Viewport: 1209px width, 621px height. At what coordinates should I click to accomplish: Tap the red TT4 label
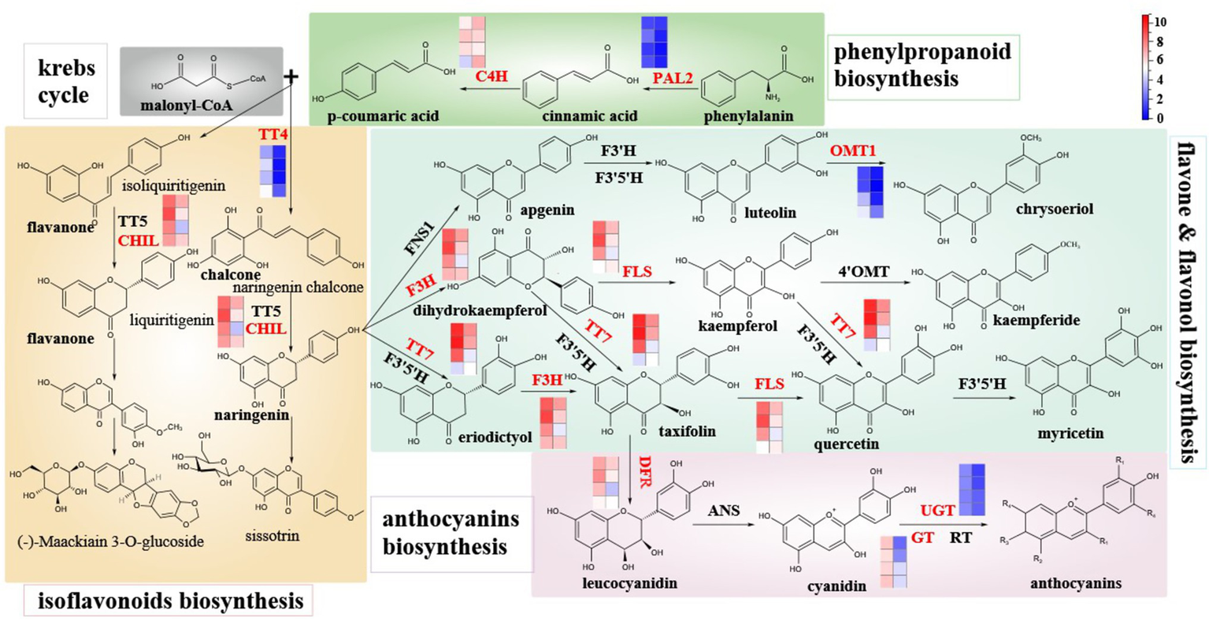click(x=273, y=135)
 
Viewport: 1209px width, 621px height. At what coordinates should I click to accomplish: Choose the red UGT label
click(x=937, y=511)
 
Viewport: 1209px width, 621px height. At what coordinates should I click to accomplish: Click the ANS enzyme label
click(x=723, y=511)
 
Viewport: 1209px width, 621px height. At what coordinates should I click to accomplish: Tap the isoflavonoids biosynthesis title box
click(x=170, y=601)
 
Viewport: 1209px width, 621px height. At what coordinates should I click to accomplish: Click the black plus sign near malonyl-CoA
click(x=292, y=76)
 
